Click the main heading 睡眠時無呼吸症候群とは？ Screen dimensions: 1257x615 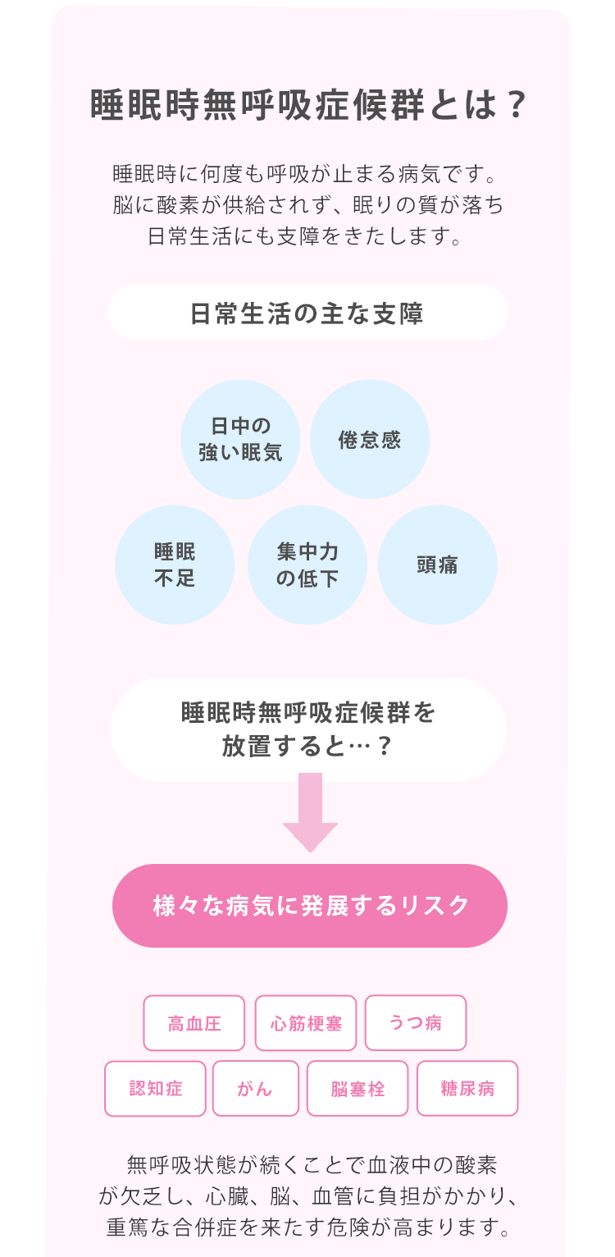pyautogui.click(x=307, y=106)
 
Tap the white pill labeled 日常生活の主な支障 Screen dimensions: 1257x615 pyautogui.click(x=307, y=313)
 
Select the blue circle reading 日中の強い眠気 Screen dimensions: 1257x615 pyautogui.click(x=240, y=439)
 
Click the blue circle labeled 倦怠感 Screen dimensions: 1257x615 pyautogui.click(x=370, y=439)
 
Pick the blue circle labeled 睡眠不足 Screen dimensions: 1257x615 pyautogui.click(x=175, y=565)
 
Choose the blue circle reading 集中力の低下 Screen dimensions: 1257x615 pyautogui.click(x=307, y=565)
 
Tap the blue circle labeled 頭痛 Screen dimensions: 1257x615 pyautogui.click(x=437, y=565)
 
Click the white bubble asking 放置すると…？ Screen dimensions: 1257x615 pyautogui.click(x=307, y=729)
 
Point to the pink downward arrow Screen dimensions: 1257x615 pyautogui.click(x=310, y=812)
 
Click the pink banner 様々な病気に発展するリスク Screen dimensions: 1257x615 pyautogui.click(x=310, y=905)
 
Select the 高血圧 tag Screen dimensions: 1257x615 pyautogui.click(x=194, y=1023)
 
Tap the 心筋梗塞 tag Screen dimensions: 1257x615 pyautogui.click(x=306, y=1023)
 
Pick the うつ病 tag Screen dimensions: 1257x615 pyautogui.click(x=416, y=1023)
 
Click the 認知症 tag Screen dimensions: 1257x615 pyautogui.click(x=156, y=1089)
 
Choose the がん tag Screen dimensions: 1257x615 pyautogui.click(x=255, y=1089)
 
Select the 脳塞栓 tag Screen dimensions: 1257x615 pyautogui.click(x=358, y=1089)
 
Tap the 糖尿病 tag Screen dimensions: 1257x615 pyautogui.click(x=467, y=1089)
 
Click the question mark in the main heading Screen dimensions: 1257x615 pyautogui.click(x=514, y=106)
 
